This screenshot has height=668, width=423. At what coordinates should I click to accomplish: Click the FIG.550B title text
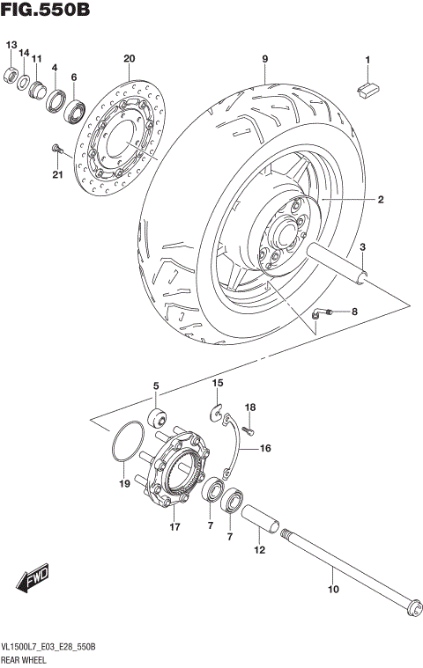pyautogui.click(x=45, y=11)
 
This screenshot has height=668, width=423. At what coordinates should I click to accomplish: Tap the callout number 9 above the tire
pyautogui.click(x=264, y=59)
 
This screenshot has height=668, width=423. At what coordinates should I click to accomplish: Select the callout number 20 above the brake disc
pyautogui.click(x=129, y=59)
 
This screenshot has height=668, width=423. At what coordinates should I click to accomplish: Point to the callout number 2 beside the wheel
pyautogui.click(x=381, y=201)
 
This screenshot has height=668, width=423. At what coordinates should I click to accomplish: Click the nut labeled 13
pyautogui.click(x=12, y=74)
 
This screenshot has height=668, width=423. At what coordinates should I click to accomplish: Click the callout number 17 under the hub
pyautogui.click(x=175, y=527)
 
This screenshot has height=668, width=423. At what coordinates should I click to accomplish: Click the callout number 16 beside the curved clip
pyautogui.click(x=264, y=448)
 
